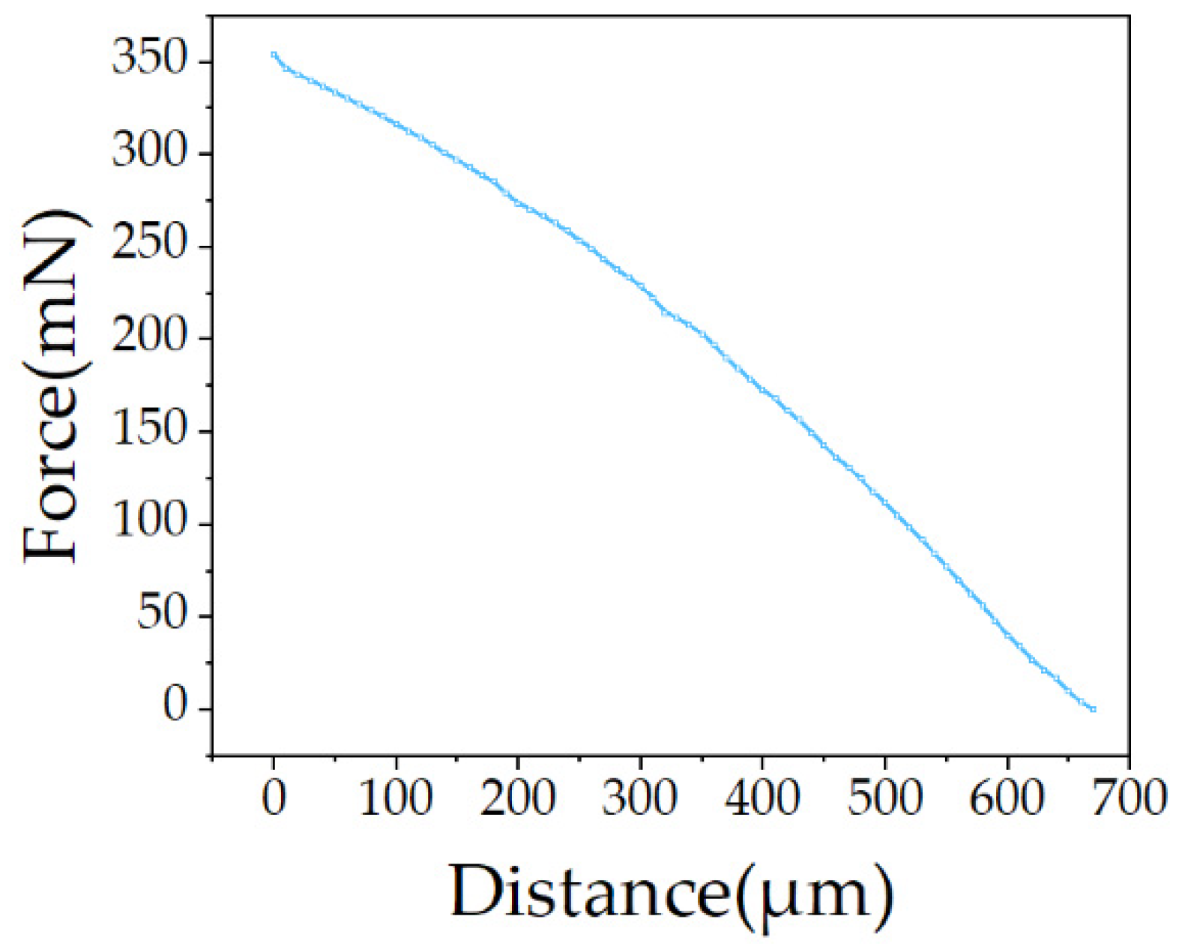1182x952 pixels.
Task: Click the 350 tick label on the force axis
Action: pos(148,59)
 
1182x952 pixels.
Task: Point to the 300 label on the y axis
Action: pos(148,152)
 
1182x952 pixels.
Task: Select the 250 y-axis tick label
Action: pos(148,245)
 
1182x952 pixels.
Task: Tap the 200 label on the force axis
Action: pos(148,337)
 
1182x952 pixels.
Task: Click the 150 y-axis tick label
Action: pos(148,430)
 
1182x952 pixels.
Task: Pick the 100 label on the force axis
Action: pos(148,522)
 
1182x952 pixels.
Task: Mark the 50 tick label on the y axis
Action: pos(160,615)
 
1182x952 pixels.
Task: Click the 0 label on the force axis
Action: pos(174,707)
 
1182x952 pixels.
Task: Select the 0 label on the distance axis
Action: pos(274,798)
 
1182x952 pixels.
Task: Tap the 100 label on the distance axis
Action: pos(396,798)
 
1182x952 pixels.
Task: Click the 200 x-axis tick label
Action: pos(518,798)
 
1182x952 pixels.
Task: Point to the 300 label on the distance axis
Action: pos(640,798)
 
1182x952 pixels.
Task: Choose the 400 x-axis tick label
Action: pos(762,798)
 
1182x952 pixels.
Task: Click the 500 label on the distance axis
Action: pos(884,798)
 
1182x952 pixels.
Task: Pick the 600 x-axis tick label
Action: pos(1007,798)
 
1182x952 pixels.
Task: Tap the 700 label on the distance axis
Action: pos(1129,798)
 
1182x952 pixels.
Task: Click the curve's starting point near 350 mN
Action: pos(274,55)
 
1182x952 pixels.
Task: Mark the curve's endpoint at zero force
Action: pos(1093,708)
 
